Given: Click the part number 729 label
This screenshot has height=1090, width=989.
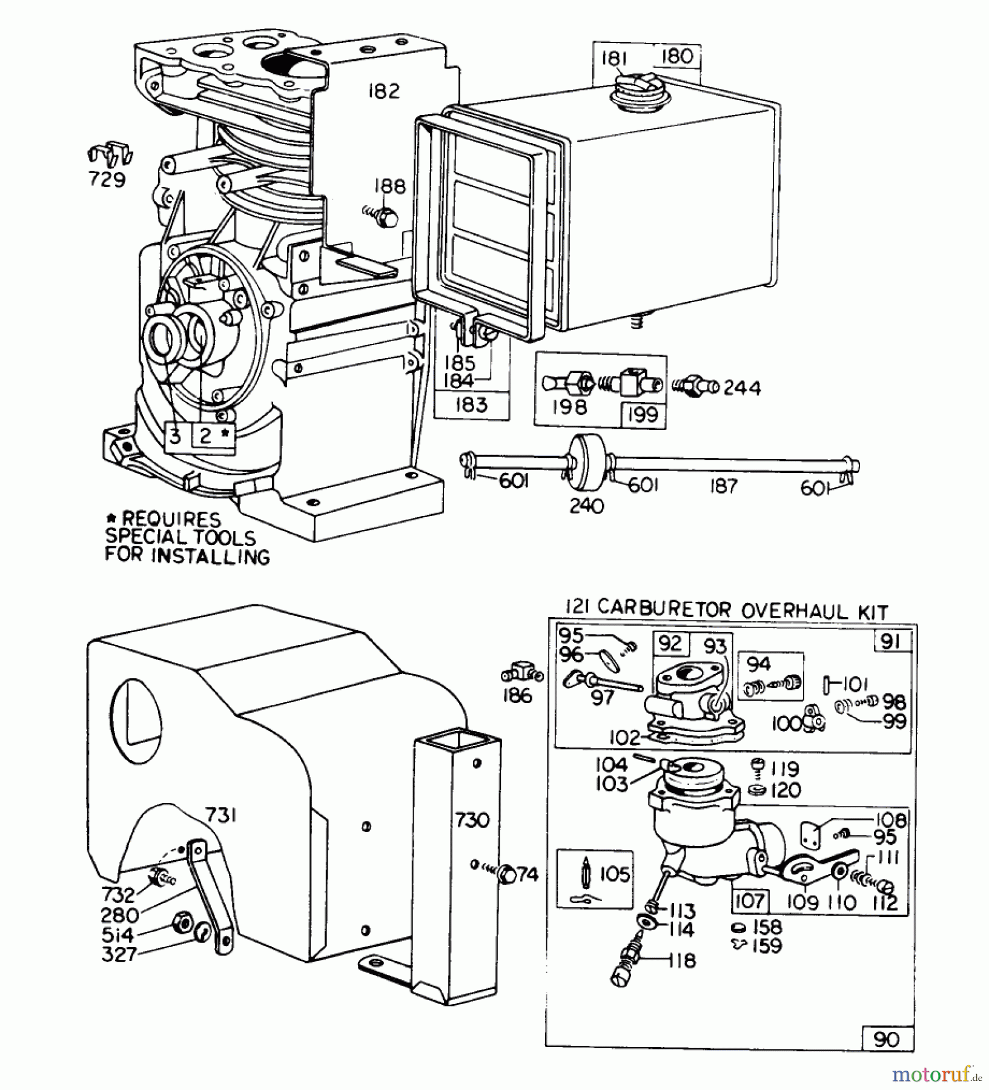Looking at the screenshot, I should (x=107, y=180).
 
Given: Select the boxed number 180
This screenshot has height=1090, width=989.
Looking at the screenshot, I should (x=676, y=57).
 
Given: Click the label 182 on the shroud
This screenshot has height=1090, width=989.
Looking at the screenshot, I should (x=384, y=91).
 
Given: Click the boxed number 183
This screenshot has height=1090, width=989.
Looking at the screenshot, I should (x=472, y=405).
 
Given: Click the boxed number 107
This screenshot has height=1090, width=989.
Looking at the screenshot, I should (x=750, y=900).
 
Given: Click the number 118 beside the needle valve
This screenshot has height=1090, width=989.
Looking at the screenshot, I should (x=683, y=960).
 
